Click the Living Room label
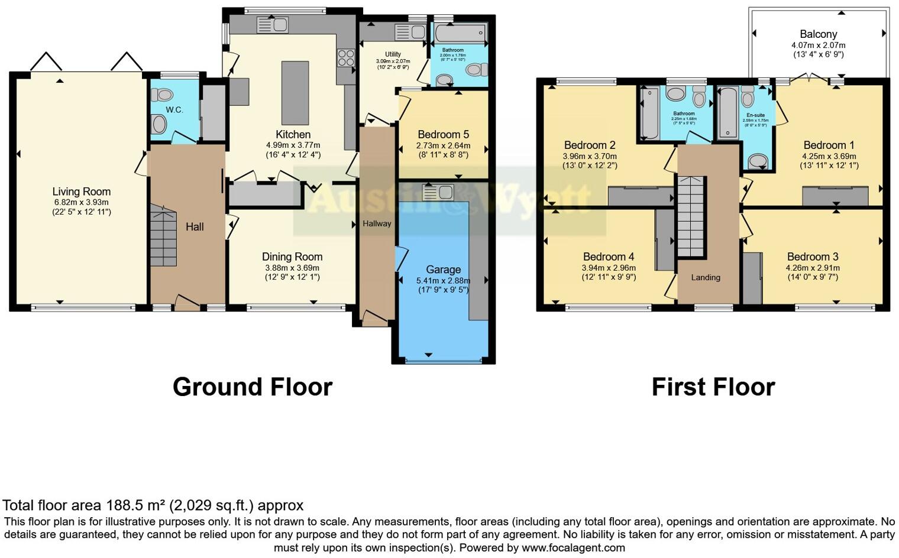(82, 192)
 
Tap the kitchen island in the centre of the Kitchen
(295, 92)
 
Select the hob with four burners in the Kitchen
(345, 57)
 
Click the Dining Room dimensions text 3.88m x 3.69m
(292, 268)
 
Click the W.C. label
(174, 110)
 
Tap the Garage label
(443, 270)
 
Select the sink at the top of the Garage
(438, 192)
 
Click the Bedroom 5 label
(443, 134)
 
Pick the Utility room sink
(405, 31)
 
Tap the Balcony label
(818, 34)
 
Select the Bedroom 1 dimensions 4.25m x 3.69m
(829, 156)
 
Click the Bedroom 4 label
(609, 257)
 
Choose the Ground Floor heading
(253, 387)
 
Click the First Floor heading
(713, 387)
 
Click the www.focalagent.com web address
(573, 547)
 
